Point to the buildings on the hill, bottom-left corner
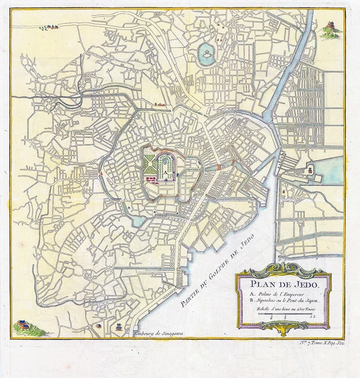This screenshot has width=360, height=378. pos(24,325)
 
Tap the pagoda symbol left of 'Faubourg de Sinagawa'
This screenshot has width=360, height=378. pos(118,326)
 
